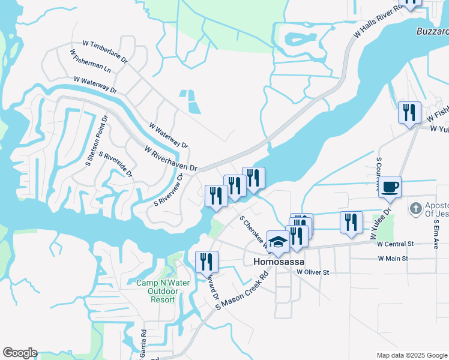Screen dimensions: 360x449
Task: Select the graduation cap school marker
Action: pos(278,242)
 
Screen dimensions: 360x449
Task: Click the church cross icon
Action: pos(415,209)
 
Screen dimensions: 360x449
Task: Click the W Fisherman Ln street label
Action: pos(90,61)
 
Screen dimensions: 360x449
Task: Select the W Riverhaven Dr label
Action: pos(170,158)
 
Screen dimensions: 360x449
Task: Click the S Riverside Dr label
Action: pos(116,164)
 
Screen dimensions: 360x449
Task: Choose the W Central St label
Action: pos(396,244)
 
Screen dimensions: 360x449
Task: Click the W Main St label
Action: pos(393,259)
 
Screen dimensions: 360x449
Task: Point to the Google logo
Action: pos(20,353)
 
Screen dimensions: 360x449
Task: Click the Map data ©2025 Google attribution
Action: pos(412,355)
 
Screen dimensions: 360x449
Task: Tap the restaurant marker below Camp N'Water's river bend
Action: pos(206,262)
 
